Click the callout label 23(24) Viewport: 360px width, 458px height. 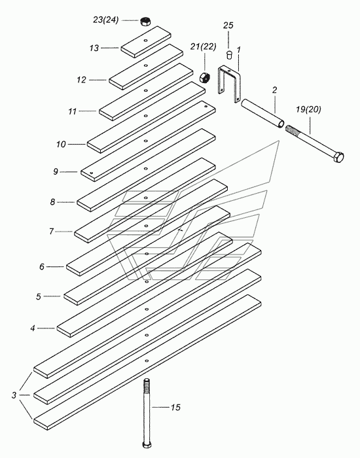pyautogui.click(x=106, y=20)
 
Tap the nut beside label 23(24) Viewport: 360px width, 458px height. pyautogui.click(x=145, y=22)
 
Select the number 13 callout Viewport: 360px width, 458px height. pyautogui.click(x=94, y=48)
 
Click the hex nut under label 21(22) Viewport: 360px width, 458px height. pyautogui.click(x=204, y=78)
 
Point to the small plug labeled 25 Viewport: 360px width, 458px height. pyautogui.click(x=230, y=54)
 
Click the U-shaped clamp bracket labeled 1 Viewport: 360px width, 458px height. pyautogui.click(x=229, y=84)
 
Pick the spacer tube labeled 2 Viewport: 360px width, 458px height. pyautogui.click(x=262, y=113)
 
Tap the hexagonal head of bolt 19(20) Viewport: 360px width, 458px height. pyautogui.click(x=339, y=157)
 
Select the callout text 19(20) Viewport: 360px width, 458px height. pyautogui.click(x=308, y=110)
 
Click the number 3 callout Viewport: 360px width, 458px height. pyautogui.click(x=14, y=395)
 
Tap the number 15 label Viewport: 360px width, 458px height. pyautogui.click(x=175, y=407)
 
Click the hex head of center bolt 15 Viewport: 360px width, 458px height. pyautogui.click(x=147, y=444)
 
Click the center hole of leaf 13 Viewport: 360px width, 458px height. pyautogui.click(x=145, y=41)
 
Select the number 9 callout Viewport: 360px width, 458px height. pyautogui.click(x=56, y=171)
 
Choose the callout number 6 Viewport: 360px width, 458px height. pyautogui.click(x=42, y=267)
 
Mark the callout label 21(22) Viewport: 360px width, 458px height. pyautogui.click(x=204, y=46)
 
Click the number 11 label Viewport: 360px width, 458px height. pyautogui.click(x=73, y=112)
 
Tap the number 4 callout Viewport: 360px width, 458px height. pyautogui.click(x=33, y=328)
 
